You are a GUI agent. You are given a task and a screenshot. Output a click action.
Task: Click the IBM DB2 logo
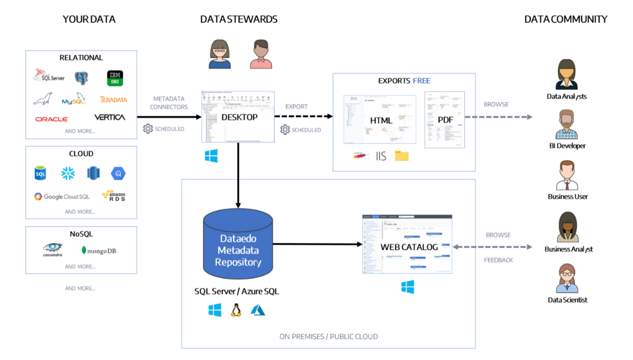click(115, 78)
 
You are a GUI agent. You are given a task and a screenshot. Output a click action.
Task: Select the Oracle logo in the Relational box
click(52, 119)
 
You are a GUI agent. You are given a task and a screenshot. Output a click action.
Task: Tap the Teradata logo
click(113, 100)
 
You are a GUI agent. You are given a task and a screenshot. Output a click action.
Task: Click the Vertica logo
click(110, 118)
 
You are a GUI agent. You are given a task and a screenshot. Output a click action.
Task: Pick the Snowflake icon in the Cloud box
click(68, 173)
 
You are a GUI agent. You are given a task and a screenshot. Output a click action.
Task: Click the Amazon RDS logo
click(114, 195)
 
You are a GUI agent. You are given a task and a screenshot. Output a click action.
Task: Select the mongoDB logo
click(99, 251)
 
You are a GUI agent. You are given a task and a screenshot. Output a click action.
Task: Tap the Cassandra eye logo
click(52, 249)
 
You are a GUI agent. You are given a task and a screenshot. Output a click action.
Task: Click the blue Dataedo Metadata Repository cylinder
click(238, 245)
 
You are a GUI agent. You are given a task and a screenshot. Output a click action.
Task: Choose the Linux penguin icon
click(236, 310)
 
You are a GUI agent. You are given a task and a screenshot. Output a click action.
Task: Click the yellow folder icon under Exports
click(402, 156)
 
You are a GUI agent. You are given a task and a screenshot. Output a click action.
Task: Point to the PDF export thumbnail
click(445, 120)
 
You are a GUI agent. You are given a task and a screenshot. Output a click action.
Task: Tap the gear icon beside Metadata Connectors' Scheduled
click(148, 129)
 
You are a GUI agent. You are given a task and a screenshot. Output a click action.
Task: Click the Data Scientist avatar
click(567, 278)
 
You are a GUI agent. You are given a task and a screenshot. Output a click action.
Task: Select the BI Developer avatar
click(567, 125)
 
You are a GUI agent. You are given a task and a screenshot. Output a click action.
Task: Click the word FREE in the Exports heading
click(422, 81)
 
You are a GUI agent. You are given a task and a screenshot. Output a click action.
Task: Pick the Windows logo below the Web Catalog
click(408, 287)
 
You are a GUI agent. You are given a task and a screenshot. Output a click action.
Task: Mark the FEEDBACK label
click(498, 260)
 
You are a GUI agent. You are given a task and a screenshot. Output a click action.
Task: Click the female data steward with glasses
click(220, 55)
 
